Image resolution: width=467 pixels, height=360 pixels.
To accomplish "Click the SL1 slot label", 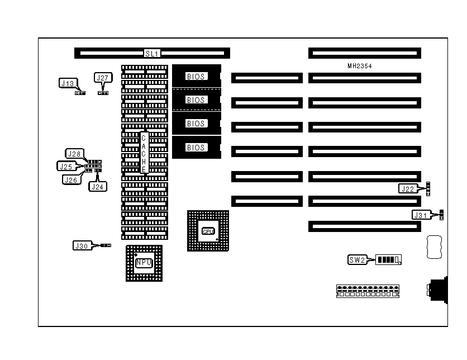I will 152,54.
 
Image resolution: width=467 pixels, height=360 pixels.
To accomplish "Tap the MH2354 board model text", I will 360,66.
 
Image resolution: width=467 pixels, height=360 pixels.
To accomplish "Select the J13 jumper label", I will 67,83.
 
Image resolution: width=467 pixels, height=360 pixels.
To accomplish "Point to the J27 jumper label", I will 102,78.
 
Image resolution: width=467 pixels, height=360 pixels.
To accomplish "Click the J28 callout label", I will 74,153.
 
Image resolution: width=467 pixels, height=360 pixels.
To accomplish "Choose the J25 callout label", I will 66,166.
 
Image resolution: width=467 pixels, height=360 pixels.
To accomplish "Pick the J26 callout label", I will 70,179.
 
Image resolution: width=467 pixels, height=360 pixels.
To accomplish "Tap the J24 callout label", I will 97,186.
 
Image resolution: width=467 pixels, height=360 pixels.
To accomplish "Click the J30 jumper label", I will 81,245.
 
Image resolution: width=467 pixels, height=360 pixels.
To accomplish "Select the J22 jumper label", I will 408,189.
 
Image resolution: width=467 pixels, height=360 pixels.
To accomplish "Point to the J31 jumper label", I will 421,215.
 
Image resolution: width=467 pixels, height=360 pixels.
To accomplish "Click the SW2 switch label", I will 357,259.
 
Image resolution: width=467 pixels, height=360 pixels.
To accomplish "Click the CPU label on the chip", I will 208,231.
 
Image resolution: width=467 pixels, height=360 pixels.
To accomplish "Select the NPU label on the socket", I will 144,262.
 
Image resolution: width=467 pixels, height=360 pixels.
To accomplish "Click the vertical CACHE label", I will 144,153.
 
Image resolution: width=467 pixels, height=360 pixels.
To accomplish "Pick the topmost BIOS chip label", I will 196,76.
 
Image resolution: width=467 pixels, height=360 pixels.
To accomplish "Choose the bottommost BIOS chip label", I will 196,148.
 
